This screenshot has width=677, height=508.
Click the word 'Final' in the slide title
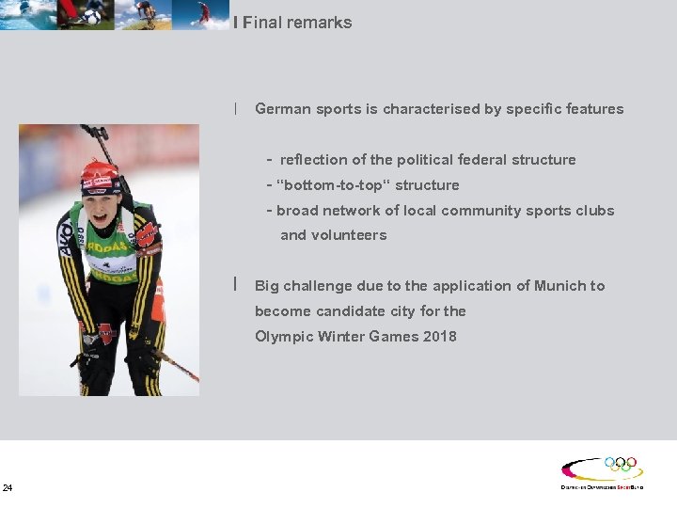pyautogui.click(x=262, y=23)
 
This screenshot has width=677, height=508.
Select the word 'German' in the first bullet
pyautogui.click(x=282, y=109)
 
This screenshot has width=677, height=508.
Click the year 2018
pyautogui.click(x=439, y=336)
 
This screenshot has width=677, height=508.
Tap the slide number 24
pyautogui.click(x=8, y=487)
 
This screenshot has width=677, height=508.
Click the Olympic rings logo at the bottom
pyautogui.click(x=620, y=464)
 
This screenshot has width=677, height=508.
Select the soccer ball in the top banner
pyautogui.click(x=91, y=16)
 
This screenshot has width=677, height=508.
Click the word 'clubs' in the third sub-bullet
pyautogui.click(x=593, y=211)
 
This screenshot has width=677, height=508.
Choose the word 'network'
pyautogui.click(x=350, y=211)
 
